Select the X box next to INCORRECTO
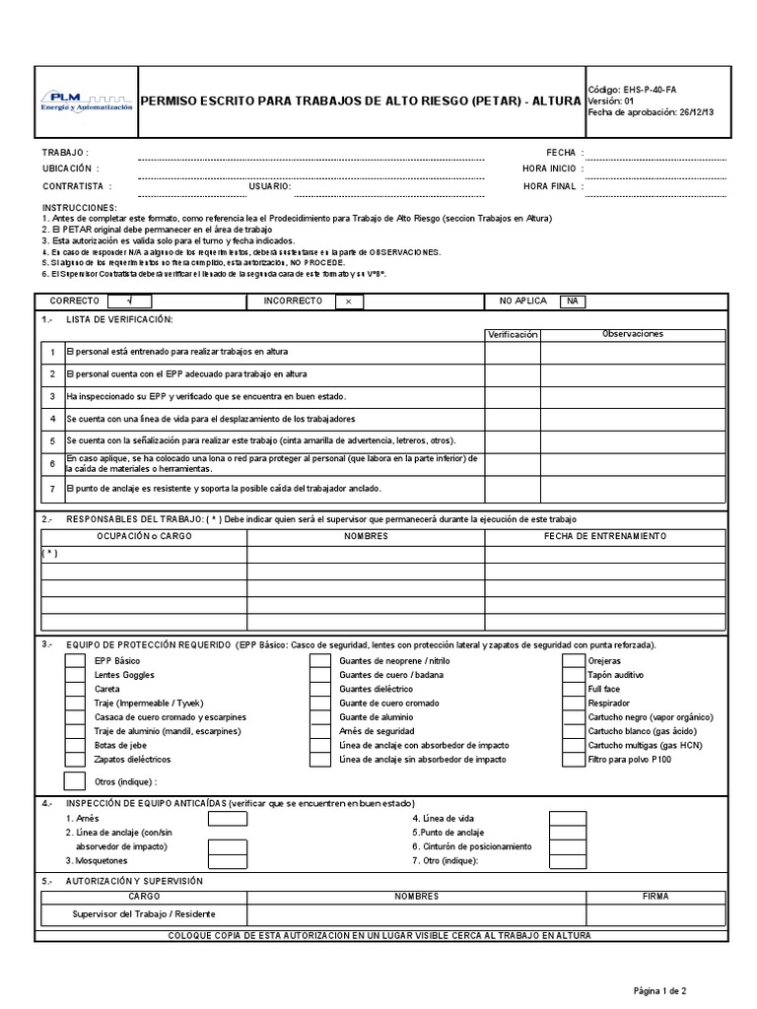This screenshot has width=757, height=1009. tap(348, 301)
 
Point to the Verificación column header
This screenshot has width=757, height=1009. tap(513, 334)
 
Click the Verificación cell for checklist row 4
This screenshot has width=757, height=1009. tap(513, 419)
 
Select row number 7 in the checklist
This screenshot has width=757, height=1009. tap(52, 488)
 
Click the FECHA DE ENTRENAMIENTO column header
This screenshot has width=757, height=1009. tap(605, 536)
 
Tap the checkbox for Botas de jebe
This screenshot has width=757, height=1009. tap(75, 745)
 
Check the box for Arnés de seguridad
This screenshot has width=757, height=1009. tap(320, 731)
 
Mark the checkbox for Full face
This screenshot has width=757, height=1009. tap(573, 689)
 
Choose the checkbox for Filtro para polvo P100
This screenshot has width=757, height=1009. tap(573, 760)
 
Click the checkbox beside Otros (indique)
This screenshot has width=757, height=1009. tap(74, 781)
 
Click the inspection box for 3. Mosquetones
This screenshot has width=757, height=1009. tap(228, 860)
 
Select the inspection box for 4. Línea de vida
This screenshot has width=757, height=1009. tap(568, 819)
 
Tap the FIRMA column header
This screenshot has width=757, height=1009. tap(654, 897)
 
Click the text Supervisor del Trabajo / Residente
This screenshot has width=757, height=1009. tap(144, 914)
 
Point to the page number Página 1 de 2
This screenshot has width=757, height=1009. tap(659, 989)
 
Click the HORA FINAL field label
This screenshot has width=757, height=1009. tap(550, 185)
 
